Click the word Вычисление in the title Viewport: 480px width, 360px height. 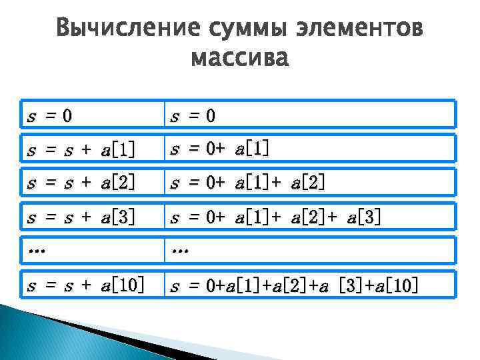[125, 29]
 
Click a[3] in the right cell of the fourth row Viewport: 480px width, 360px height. [364, 217]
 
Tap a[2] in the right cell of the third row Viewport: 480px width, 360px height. [308, 183]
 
